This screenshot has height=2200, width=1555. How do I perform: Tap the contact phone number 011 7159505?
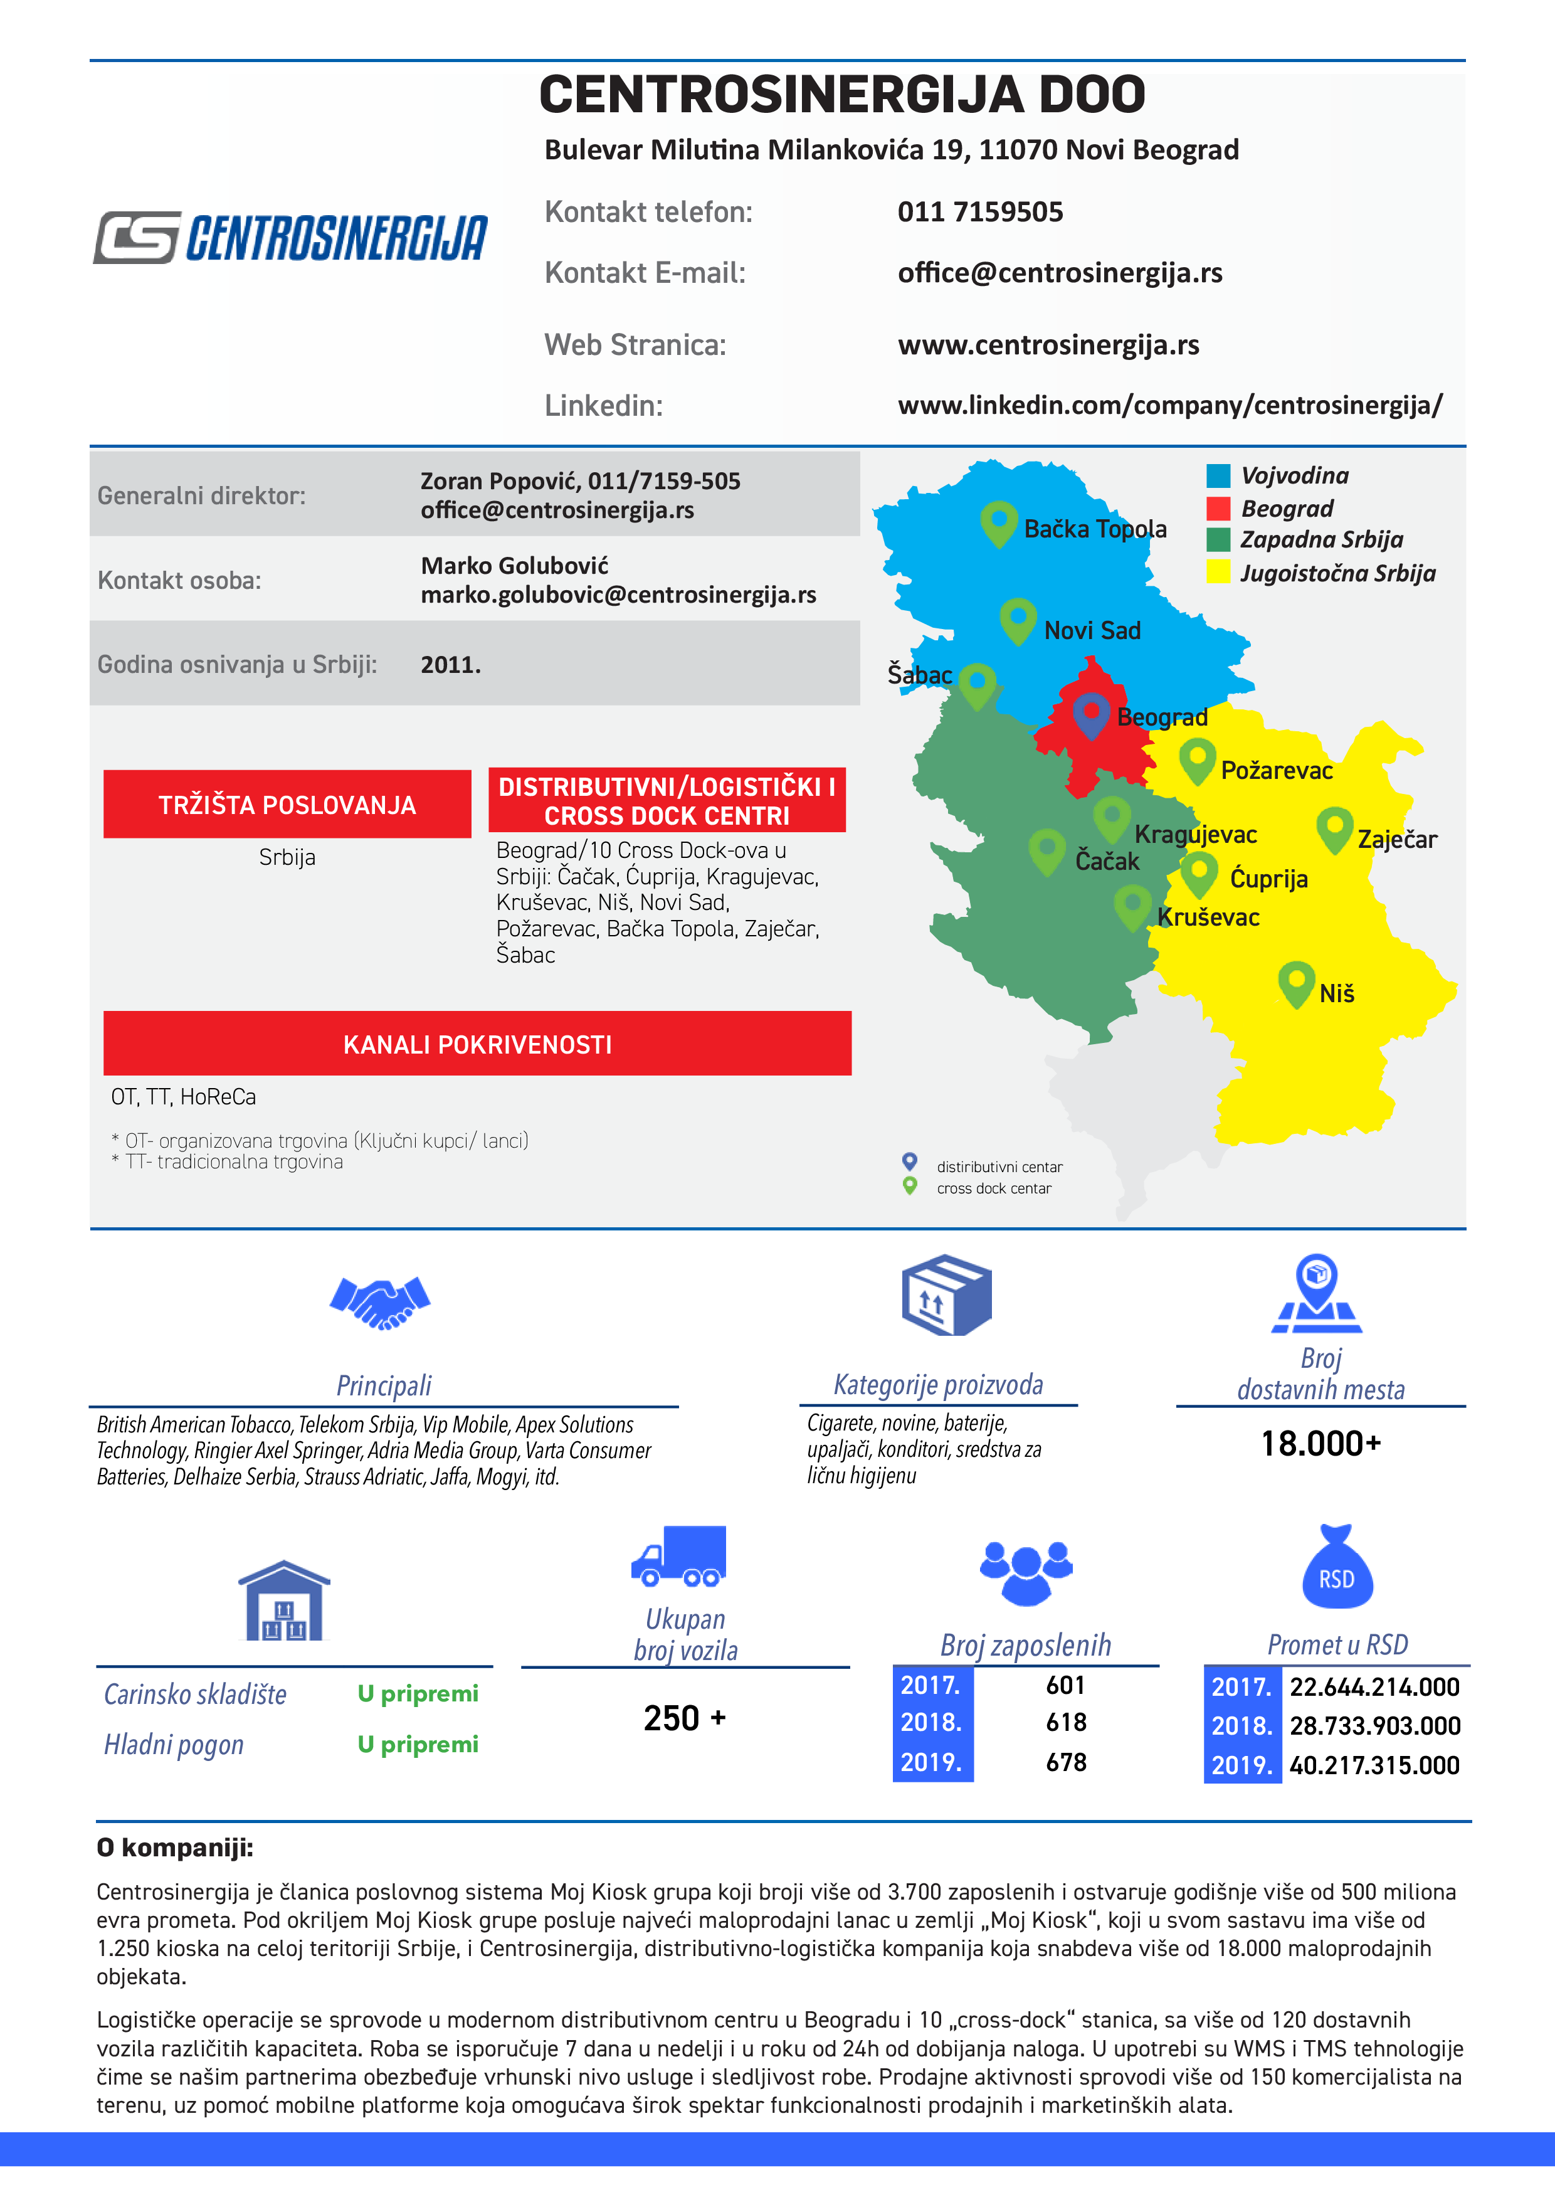[x=979, y=212]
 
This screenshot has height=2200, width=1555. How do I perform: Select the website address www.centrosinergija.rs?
[x=1048, y=345]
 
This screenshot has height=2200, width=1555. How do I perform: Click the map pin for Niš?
[x=1295, y=981]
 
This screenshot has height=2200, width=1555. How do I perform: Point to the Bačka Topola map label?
[x=1095, y=529]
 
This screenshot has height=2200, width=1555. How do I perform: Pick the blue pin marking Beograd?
[x=1090, y=713]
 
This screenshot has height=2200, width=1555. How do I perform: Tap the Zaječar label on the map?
[x=1397, y=839]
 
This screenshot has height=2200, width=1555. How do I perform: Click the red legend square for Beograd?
[x=1218, y=508]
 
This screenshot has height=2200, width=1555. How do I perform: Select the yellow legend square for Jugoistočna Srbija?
[x=1218, y=572]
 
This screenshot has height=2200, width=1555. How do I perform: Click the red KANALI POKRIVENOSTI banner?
[x=477, y=1044]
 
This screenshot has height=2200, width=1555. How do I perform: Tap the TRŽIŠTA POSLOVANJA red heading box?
[x=287, y=804]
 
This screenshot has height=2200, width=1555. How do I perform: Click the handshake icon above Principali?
[x=381, y=1302]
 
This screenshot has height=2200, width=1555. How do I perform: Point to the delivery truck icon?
[x=678, y=1555]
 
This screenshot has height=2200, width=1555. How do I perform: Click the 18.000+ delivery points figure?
[x=1320, y=1443]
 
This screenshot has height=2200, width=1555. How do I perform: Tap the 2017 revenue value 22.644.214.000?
[x=1374, y=1688]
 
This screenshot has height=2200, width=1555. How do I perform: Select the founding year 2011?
[x=450, y=664]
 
